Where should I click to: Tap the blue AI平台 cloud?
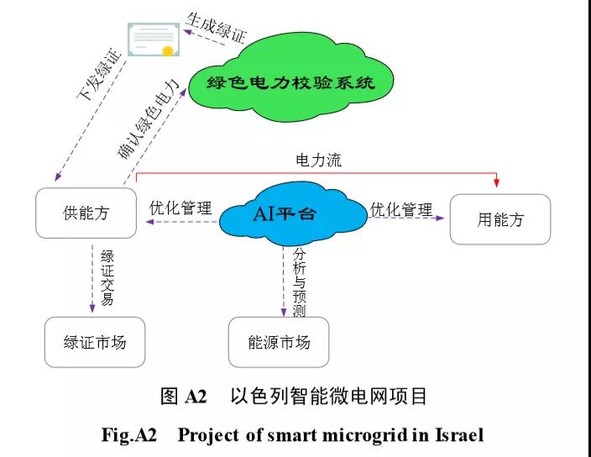tap(289, 213)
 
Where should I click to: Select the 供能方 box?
tap(86, 213)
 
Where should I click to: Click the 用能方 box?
tap(500, 219)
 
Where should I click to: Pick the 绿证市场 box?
tap(95, 342)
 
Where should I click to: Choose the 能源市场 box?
tap(279, 342)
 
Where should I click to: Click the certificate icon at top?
tap(152, 39)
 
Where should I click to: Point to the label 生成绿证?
tap(216, 23)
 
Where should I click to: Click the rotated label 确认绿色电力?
tap(147, 118)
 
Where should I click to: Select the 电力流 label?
tap(318, 160)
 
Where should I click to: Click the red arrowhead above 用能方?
tap(497, 182)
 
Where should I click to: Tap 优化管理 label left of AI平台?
tap(180, 207)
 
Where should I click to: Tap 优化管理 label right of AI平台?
tap(401, 209)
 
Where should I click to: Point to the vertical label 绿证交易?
tap(107, 278)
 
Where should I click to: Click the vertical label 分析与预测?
tap(300, 282)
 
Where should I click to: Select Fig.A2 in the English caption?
tap(130, 434)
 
